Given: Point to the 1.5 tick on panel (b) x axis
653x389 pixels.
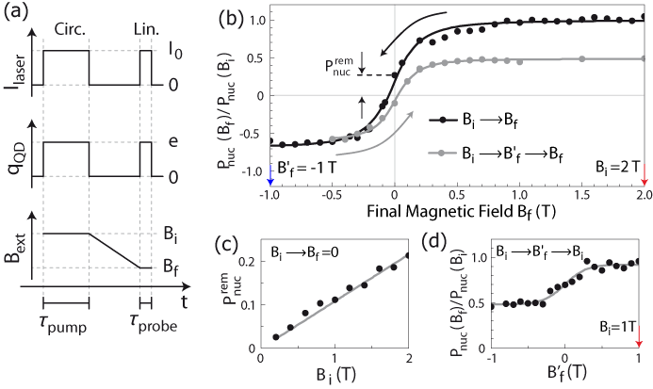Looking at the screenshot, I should click(520, 198).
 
